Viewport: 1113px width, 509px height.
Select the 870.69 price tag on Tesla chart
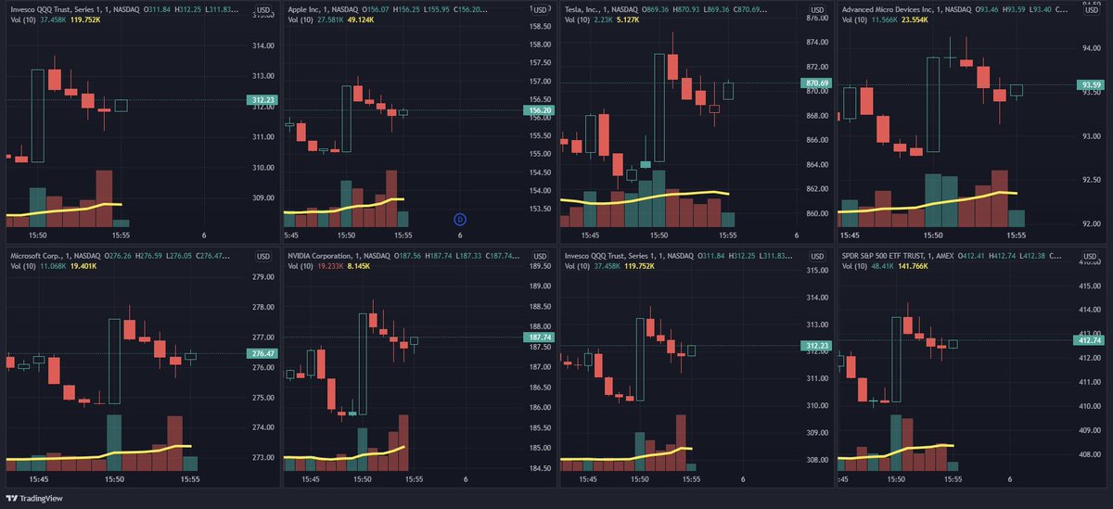click(x=815, y=83)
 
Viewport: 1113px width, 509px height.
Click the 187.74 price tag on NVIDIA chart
click(x=538, y=338)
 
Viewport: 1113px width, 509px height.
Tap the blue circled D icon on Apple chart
click(x=460, y=219)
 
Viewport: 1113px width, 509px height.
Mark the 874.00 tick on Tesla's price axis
click(x=815, y=43)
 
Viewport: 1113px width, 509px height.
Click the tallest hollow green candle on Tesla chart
click(x=659, y=107)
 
